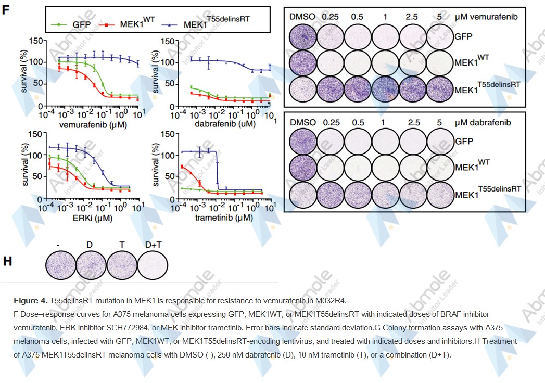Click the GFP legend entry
(81, 24)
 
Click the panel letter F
(6, 10)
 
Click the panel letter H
(7, 261)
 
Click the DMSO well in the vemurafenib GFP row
(302, 37)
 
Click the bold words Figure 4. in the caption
(30, 301)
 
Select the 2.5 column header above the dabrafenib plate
(413, 123)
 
